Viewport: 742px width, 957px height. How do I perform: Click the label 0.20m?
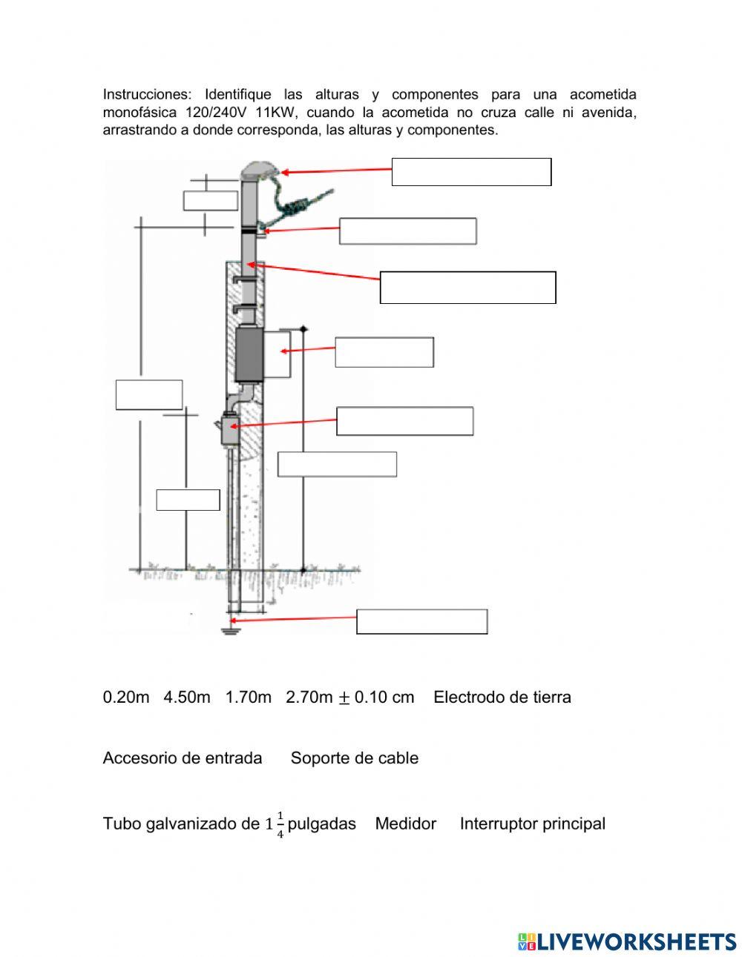(x=126, y=698)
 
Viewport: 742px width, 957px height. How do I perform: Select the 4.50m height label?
(x=187, y=698)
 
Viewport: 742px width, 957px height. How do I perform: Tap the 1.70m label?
(x=249, y=698)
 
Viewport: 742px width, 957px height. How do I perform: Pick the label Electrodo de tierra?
(x=502, y=698)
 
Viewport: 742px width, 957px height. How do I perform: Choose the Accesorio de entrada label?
(x=183, y=758)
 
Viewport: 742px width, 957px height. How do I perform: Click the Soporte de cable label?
(x=355, y=758)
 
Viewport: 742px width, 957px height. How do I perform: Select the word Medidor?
(x=406, y=824)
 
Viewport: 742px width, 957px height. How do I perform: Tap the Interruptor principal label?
(x=533, y=824)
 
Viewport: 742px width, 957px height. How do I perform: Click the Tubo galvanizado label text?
(x=182, y=824)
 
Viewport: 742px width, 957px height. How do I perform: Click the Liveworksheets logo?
(x=627, y=941)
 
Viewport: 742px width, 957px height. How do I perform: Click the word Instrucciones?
(x=146, y=95)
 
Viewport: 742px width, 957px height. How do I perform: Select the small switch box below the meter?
(x=229, y=430)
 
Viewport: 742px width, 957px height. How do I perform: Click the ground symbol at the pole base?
(x=232, y=631)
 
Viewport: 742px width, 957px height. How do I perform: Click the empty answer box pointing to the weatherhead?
(x=471, y=172)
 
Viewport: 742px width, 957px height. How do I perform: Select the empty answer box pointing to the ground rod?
(x=421, y=622)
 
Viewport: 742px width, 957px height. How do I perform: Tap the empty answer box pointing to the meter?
(x=384, y=352)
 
